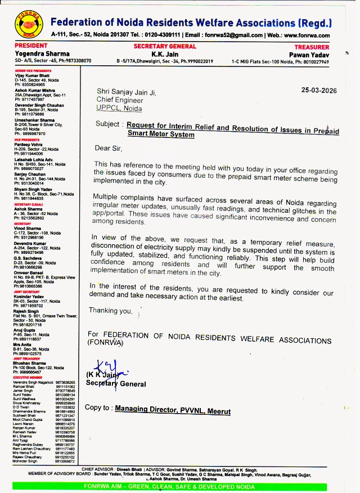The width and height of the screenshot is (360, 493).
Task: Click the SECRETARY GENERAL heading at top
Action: point(165,46)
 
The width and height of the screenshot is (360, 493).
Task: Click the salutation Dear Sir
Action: point(108,148)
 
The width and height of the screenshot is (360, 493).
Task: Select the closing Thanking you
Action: point(110,310)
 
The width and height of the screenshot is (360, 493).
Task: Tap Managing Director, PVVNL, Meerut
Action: point(173,411)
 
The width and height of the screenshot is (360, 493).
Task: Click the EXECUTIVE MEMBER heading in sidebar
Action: point(28,377)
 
